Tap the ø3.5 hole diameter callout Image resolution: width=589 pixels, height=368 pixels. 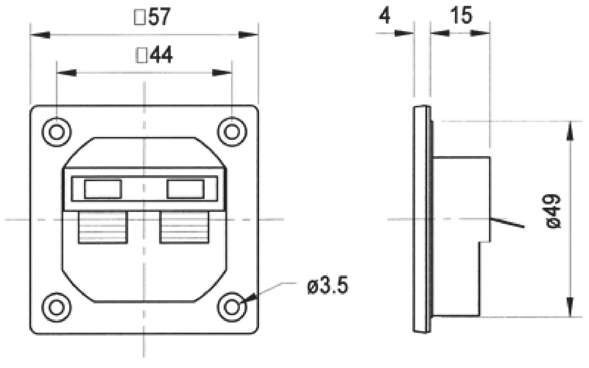(327, 287)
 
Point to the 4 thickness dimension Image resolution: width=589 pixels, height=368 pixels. (384, 16)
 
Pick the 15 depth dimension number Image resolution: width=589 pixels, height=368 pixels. (461, 16)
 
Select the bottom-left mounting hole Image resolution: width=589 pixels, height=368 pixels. (56, 306)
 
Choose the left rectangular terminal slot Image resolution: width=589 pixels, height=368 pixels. (103, 189)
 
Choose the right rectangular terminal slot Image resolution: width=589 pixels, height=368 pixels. (185, 189)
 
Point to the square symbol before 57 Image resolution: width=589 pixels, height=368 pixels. (140, 19)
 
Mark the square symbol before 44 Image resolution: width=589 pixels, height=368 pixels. (141, 56)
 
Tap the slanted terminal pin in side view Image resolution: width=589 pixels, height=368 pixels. (507, 223)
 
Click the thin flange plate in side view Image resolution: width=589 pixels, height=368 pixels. (422, 218)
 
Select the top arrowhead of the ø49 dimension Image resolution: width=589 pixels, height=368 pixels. (570, 130)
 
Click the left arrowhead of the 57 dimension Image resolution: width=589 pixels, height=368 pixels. (40, 35)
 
